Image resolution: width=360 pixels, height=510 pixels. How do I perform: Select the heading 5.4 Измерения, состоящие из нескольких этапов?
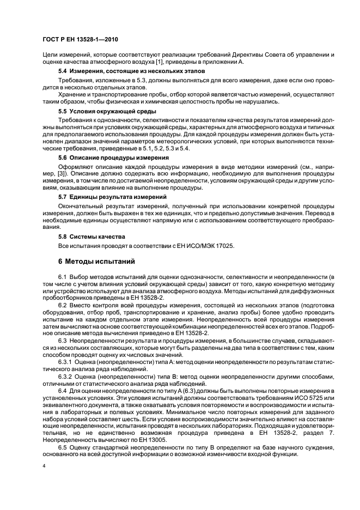pyautogui.click(x=131, y=71)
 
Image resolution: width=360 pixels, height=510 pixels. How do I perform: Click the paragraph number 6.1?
pyautogui.click(x=62, y=277)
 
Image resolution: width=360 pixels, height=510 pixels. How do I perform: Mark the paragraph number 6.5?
pyautogui.click(x=62, y=447)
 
